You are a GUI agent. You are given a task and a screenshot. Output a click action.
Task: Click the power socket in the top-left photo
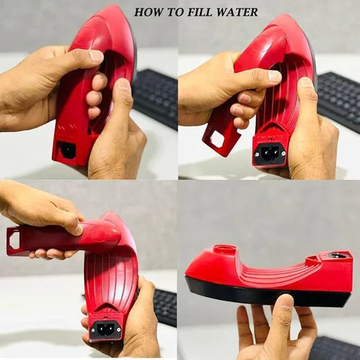click(x=67, y=150)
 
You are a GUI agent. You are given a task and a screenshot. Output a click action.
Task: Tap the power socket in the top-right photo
click(x=269, y=152)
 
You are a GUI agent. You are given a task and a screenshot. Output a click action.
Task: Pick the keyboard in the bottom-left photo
click(x=164, y=307)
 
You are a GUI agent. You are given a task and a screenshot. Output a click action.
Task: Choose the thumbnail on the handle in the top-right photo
click(x=275, y=76)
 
